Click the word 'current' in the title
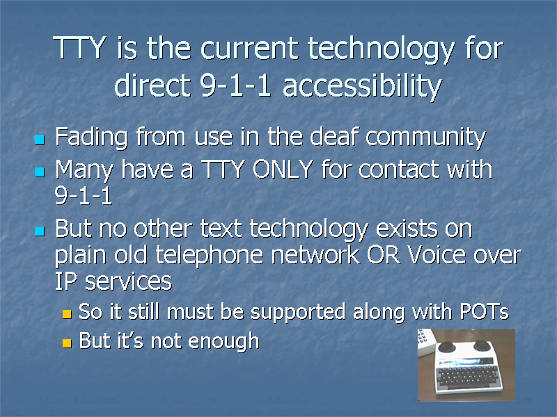click(x=249, y=49)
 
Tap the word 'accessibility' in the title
click(x=362, y=86)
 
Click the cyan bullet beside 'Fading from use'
click(x=40, y=139)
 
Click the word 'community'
click(x=425, y=138)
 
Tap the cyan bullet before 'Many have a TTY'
click(x=40, y=172)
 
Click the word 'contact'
click(x=399, y=170)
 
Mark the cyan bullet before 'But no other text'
click(x=40, y=231)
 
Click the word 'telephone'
click(x=210, y=256)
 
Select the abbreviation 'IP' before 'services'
click(x=65, y=281)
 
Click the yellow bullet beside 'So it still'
click(x=67, y=314)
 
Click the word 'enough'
click(x=223, y=341)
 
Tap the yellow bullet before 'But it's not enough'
click(x=67, y=343)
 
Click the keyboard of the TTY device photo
click(x=467, y=376)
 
